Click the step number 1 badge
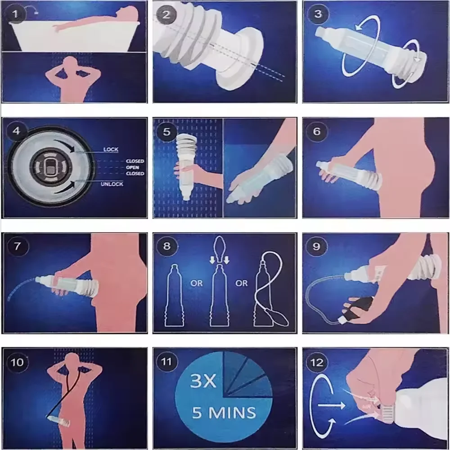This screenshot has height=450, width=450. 16,14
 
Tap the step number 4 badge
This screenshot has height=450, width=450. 17,132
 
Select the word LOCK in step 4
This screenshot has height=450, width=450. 111,149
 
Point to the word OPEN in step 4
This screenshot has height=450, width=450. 135,167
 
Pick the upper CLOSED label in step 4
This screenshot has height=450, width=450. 135,161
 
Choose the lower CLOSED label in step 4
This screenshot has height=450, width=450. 135,174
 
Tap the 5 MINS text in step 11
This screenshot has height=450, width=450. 224,412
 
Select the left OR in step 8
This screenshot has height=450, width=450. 196,283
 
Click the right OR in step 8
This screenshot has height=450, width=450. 242,283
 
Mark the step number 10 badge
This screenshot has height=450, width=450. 17,362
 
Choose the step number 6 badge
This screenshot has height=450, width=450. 317,131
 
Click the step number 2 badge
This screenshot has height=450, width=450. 166,14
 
